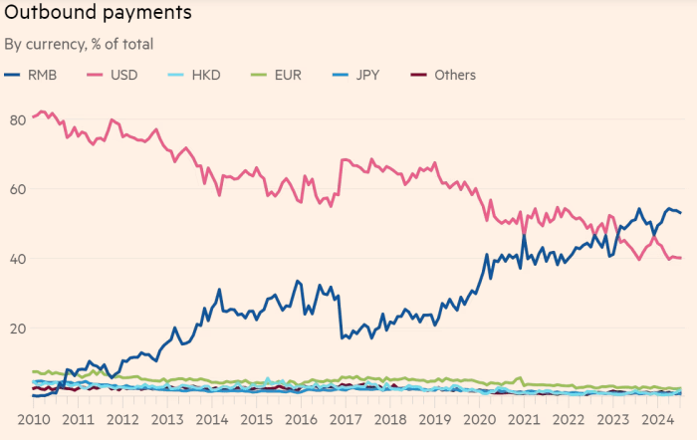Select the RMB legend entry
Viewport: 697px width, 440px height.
coord(38,75)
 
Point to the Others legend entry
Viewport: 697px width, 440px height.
coord(444,75)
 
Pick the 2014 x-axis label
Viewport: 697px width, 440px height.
coord(214,418)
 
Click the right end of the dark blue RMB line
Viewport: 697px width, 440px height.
coord(681,213)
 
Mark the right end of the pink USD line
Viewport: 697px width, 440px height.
coord(681,259)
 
